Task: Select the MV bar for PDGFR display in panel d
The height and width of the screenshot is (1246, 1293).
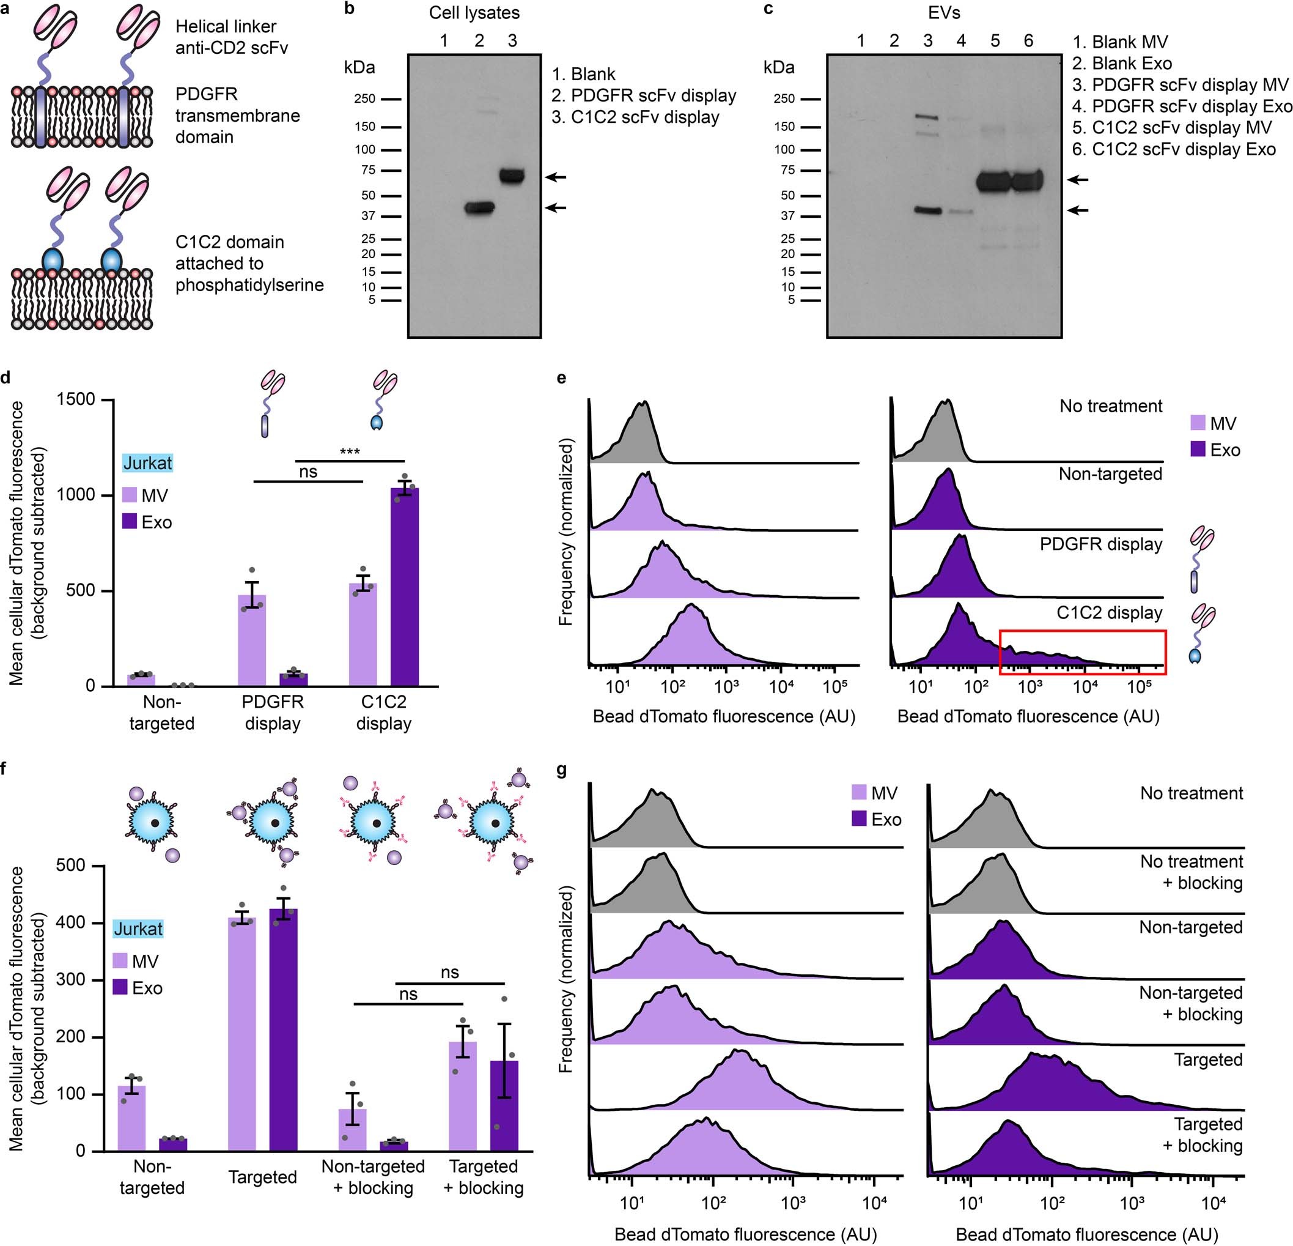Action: point(251,640)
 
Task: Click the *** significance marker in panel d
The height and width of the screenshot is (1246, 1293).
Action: point(350,452)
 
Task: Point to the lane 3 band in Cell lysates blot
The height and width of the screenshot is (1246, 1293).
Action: point(512,176)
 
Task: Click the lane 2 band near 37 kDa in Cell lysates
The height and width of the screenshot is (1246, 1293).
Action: point(479,208)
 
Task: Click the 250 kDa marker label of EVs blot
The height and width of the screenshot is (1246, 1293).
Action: point(784,99)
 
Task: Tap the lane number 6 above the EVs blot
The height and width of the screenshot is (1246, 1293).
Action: point(1028,41)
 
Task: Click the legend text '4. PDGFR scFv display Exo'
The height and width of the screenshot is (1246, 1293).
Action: point(1182,106)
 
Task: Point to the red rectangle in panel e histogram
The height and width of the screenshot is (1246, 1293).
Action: point(1083,652)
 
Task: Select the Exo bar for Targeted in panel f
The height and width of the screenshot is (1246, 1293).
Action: point(283,1029)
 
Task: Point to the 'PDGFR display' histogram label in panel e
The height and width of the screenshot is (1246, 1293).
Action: point(1100,544)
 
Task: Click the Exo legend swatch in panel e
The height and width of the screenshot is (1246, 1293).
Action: point(1198,450)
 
